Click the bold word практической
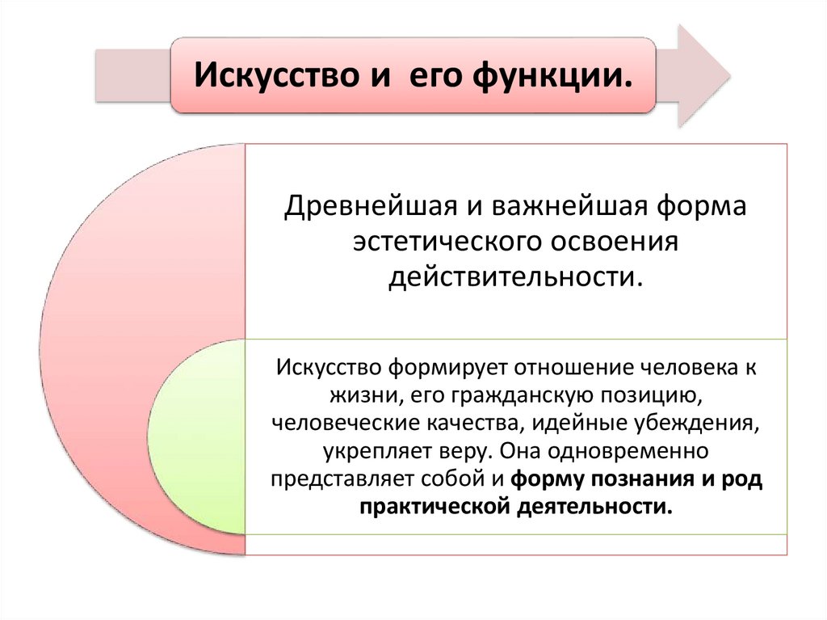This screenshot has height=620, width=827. coord(434,506)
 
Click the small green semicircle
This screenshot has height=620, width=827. coord(198,437)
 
